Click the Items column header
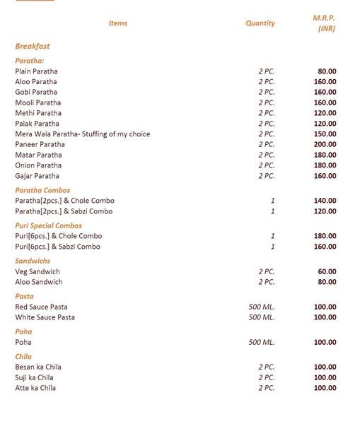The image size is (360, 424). coord(117,23)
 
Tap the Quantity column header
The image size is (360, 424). coord(260,23)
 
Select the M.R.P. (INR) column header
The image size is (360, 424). coord(325,23)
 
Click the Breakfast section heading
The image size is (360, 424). coord(33,47)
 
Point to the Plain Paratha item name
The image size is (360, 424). coord(36,71)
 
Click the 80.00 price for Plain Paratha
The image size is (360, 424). coord(327,71)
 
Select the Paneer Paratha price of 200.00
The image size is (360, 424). coord(325,144)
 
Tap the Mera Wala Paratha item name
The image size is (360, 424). coord(82,134)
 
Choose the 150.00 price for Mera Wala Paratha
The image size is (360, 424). coord(325,134)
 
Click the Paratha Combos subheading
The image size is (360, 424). coord(42,190)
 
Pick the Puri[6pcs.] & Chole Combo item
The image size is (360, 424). coord(58,236)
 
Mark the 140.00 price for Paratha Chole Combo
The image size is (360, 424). coord(325,201)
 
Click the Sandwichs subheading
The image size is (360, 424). coord(33,261)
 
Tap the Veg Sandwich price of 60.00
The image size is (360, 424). coord(327,271)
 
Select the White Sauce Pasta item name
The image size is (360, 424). coord(45,317)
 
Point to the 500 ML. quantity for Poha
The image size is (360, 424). coord(261,342)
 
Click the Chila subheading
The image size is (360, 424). coord(23,357)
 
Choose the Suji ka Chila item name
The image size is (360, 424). coord(35,377)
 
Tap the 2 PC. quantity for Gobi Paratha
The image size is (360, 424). coord(266,93)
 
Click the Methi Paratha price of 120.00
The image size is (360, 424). coord(325,113)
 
